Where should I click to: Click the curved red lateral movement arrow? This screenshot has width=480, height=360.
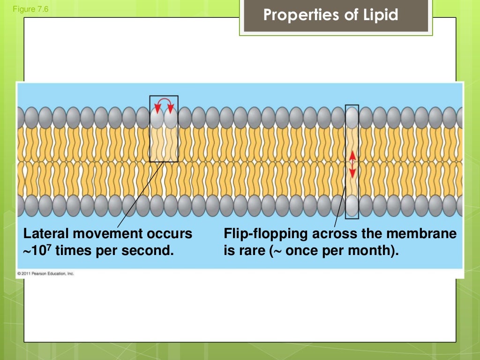pyautogui.click(x=164, y=104)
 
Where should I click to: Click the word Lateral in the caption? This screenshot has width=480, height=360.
pyautogui.click(x=44, y=233)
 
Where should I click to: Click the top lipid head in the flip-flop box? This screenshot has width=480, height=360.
pyautogui.click(x=352, y=117)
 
